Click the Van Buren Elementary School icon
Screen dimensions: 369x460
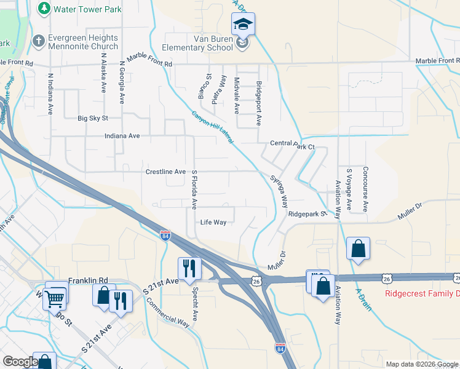(x=243, y=25)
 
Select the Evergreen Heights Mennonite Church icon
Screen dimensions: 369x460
(x=38, y=40)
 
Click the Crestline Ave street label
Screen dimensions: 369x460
(x=165, y=172)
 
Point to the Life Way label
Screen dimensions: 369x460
(x=213, y=222)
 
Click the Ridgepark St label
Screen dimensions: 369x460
(x=306, y=215)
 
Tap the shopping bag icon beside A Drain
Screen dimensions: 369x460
(x=358, y=249)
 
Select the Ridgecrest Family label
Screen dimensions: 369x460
(x=422, y=293)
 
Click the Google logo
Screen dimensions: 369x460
(x=20, y=362)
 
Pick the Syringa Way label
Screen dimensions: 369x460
(x=280, y=191)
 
